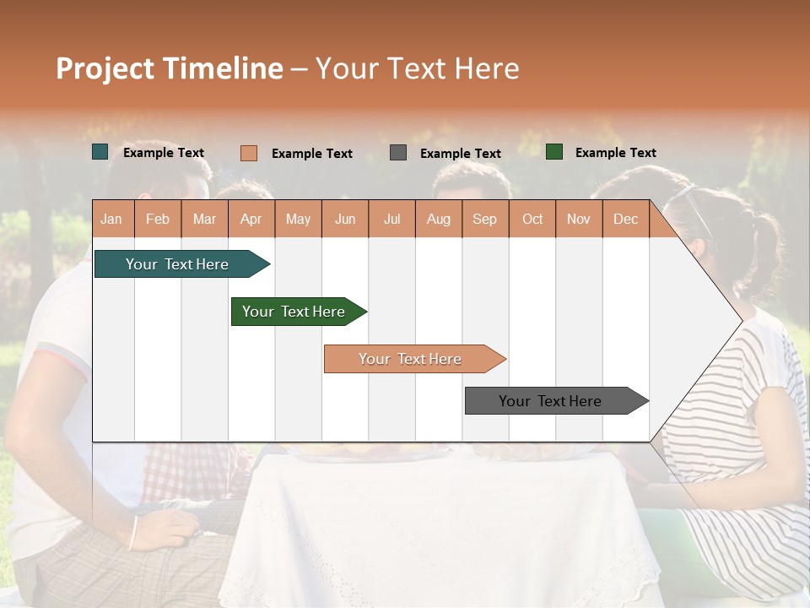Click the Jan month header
[111, 219]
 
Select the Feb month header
[158, 219]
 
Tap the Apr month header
[251, 219]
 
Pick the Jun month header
[345, 219]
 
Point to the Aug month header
[439, 219]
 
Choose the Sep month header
[485, 219]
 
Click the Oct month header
[532, 219]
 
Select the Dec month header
[626, 219]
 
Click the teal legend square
[100, 152]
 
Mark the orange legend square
[249, 153]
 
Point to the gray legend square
[398, 152]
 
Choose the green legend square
[554, 152]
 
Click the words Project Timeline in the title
[170, 68]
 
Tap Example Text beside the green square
[615, 152]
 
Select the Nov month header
[579, 219]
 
